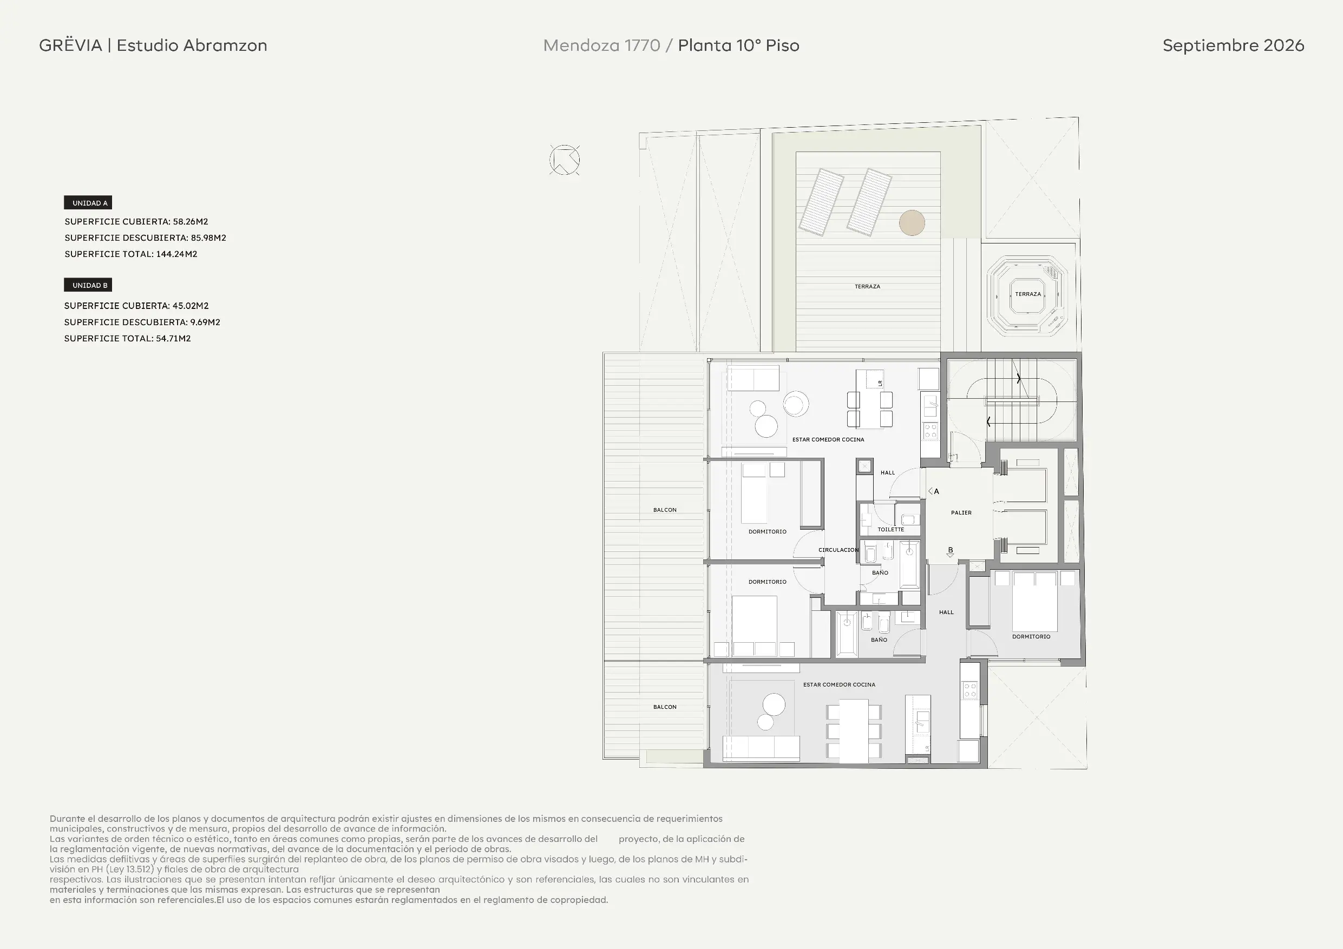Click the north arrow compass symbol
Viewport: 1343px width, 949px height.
click(x=565, y=160)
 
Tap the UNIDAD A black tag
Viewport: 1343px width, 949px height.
click(x=88, y=203)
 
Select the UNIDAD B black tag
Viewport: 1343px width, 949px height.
click(x=88, y=285)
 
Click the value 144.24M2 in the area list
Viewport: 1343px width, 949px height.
click(x=176, y=254)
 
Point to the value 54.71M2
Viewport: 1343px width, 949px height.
click(x=173, y=339)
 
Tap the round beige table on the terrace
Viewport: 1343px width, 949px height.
click(x=912, y=223)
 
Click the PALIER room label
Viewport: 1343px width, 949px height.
click(x=961, y=513)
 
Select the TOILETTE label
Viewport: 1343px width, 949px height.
click(x=891, y=530)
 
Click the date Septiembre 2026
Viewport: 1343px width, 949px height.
click(x=1233, y=45)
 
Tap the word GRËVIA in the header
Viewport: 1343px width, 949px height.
click(x=71, y=45)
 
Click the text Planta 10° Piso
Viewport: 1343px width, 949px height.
click(x=738, y=45)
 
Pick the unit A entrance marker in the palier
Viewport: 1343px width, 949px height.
click(x=934, y=492)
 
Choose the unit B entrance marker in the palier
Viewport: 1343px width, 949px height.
click(x=951, y=552)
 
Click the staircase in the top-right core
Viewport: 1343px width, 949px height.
click(x=1011, y=400)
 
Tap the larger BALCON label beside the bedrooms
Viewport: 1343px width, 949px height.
click(x=665, y=510)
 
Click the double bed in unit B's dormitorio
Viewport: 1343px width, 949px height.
click(x=1035, y=601)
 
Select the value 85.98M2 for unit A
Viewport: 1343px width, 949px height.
click(x=208, y=238)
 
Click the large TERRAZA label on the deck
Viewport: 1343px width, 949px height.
click(x=867, y=287)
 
